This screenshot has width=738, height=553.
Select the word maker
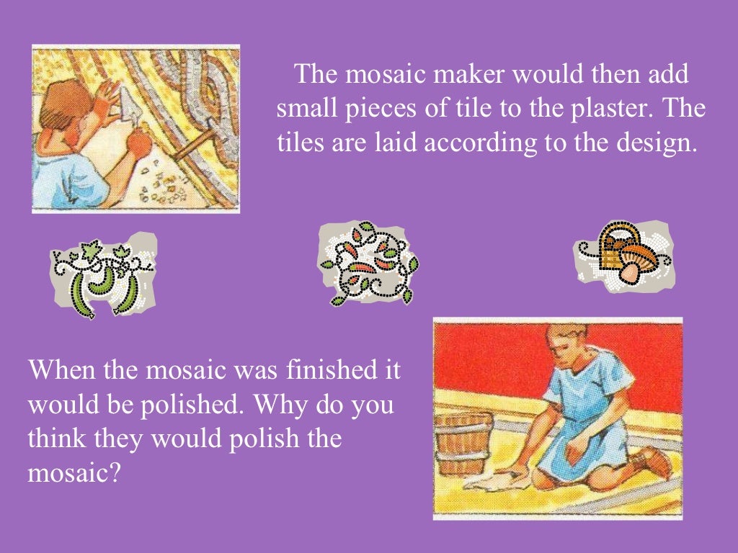pyautogui.click(x=472, y=76)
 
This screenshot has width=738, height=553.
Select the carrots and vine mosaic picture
pyautogui.click(x=367, y=264)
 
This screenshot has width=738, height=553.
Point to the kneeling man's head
pyautogui.click(x=566, y=345)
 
